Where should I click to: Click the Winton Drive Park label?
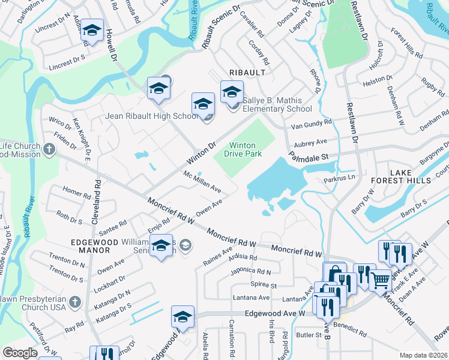pos(244,149)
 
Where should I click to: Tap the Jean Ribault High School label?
pos(152,116)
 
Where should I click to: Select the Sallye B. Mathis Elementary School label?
pos(277,104)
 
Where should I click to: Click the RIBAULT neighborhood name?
pos(247,73)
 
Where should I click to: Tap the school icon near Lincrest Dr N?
pos(92,31)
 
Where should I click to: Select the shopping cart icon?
pos(379,280)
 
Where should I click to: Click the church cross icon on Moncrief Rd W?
pos(50,148)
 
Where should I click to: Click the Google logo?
pos(20,353)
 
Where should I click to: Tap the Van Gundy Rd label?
pos(311,123)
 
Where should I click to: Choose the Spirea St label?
pos(264,286)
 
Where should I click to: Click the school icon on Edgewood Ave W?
pos(182,317)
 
